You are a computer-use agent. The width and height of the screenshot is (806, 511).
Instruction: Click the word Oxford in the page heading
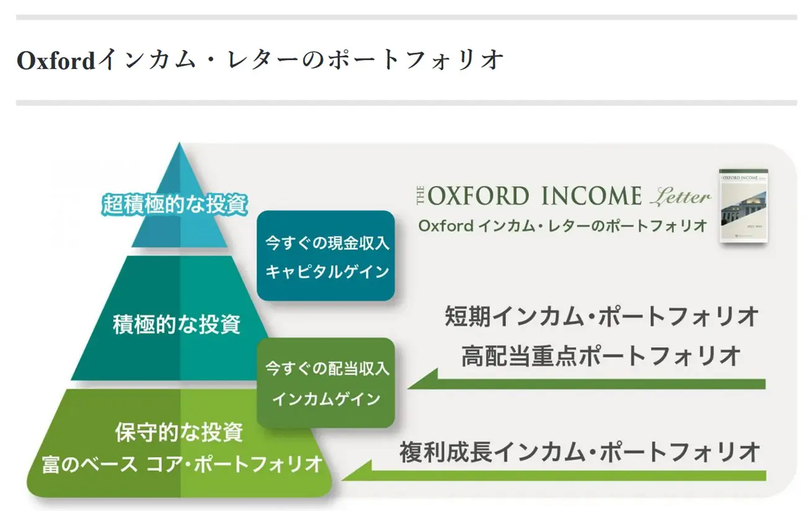(56, 60)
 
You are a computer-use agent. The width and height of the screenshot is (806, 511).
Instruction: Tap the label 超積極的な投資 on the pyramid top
(175, 205)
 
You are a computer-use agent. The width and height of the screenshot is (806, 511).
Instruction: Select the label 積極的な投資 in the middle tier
(177, 324)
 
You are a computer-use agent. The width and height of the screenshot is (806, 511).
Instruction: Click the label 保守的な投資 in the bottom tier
(179, 432)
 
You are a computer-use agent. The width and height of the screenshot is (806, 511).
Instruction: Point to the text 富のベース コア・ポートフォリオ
(182, 464)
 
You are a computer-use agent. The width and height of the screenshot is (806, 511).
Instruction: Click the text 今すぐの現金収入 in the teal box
(327, 243)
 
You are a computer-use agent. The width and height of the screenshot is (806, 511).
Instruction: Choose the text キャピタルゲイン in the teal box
(327, 272)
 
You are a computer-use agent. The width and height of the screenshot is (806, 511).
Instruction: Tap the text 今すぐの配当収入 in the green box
(327, 368)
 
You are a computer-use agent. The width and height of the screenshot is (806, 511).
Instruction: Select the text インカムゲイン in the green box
(326, 399)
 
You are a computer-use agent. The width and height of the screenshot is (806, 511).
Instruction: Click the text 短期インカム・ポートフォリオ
(601, 316)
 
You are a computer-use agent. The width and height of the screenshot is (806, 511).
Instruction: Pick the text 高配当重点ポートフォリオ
(601, 356)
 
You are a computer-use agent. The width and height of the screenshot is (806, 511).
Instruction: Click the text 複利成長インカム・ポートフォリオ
(580, 452)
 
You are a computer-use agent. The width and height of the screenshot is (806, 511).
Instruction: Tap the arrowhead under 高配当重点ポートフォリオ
(423, 380)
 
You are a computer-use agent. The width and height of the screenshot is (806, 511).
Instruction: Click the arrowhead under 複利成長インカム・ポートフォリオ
(357, 471)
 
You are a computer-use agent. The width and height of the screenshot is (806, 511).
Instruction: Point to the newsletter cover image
(743, 206)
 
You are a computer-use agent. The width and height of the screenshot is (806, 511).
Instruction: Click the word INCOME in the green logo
(591, 196)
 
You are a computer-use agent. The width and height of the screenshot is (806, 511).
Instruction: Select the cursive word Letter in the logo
(681, 197)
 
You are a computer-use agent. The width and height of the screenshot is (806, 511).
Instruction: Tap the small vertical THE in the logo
(420, 196)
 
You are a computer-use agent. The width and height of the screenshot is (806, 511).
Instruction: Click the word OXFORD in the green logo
(479, 196)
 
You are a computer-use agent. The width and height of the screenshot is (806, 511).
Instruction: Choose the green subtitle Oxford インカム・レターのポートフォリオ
(563, 226)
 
